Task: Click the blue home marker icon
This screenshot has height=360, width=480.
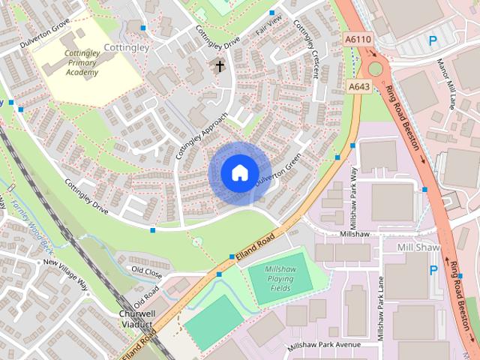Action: (x=238, y=173)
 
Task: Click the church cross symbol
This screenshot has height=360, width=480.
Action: (x=220, y=66)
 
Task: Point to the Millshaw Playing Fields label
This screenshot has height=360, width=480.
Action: (x=280, y=279)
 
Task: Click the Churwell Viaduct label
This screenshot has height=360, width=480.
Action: (x=136, y=319)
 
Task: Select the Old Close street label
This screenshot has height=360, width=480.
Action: (x=146, y=268)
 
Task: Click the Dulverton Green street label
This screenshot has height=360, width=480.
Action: (x=277, y=169)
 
